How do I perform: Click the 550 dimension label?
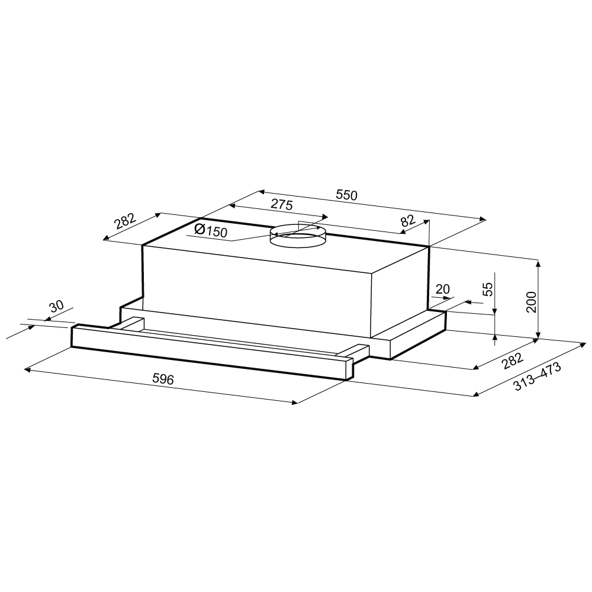tap(346, 195)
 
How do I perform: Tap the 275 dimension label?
tap(282, 205)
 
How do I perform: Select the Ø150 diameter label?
tap(211, 230)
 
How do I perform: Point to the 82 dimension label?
tap(407, 220)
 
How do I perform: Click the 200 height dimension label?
tap(531, 302)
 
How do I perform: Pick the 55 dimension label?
tap(488, 289)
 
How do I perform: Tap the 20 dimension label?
tap(442, 289)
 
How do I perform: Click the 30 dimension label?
tap(57, 307)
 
